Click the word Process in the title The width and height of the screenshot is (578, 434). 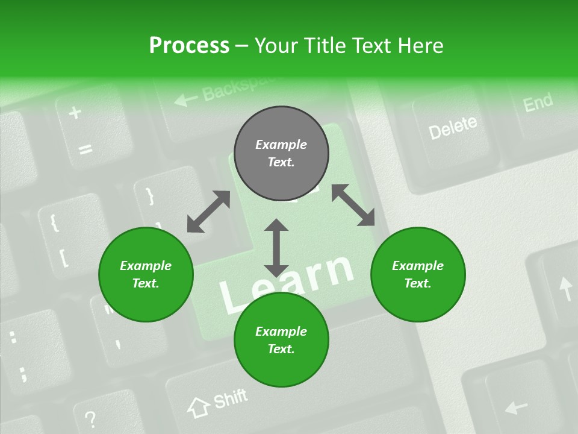(x=189, y=45)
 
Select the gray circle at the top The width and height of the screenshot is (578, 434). (x=281, y=154)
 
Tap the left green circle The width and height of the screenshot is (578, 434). (x=146, y=274)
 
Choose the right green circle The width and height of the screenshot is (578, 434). (x=418, y=274)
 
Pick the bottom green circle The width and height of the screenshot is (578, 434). (x=281, y=340)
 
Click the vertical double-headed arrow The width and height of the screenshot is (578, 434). (x=276, y=247)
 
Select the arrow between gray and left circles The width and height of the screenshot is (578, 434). (x=208, y=212)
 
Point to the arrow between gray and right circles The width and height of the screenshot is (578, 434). (x=353, y=206)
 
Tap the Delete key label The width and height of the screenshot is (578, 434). (x=452, y=127)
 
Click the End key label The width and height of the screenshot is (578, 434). (x=538, y=102)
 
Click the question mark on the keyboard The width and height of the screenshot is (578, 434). (x=90, y=418)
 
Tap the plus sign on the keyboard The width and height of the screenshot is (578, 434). (x=75, y=113)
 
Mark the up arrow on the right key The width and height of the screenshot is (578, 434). (x=566, y=289)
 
